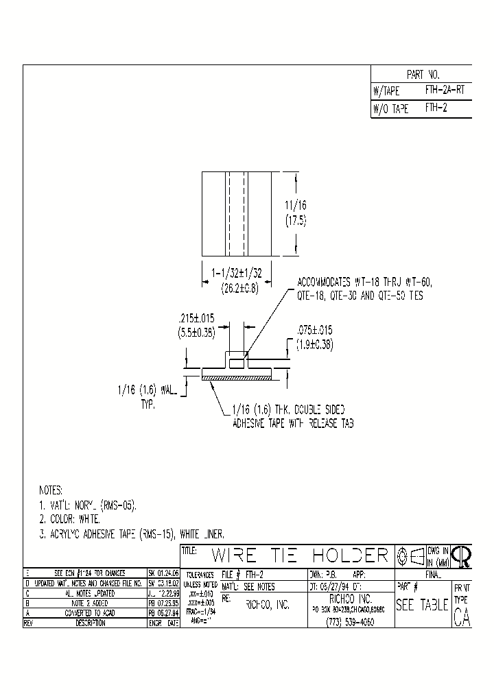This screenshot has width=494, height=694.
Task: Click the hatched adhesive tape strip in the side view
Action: (x=237, y=377)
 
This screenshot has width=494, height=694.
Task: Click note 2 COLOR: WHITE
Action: (x=69, y=519)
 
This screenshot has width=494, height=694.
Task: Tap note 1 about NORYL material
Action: (x=87, y=505)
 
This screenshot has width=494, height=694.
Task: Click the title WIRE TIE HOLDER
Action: (x=301, y=555)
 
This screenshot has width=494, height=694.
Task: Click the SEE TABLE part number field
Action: (x=422, y=605)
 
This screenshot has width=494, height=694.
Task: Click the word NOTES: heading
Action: (x=50, y=491)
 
